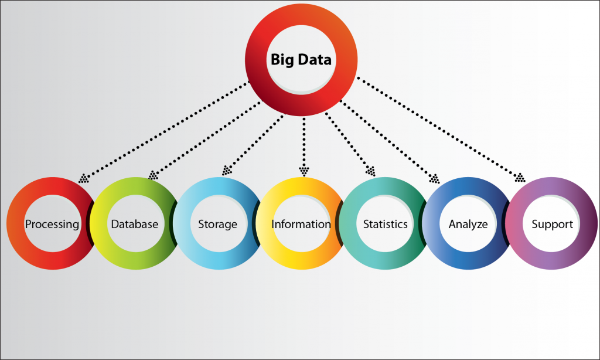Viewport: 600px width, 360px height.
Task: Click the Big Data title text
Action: tap(301, 60)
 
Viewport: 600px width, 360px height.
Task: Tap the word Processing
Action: tap(52, 225)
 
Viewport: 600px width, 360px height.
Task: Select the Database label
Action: tap(135, 224)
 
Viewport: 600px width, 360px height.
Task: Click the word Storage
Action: tap(218, 225)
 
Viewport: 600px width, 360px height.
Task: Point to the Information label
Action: tap(301, 224)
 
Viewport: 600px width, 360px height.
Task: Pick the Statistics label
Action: tap(386, 224)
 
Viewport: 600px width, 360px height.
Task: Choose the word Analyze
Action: tap(468, 225)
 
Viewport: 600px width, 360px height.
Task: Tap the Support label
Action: tap(552, 225)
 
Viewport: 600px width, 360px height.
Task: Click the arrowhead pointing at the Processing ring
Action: tap(83, 178)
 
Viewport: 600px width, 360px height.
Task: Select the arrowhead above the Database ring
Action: tap(153, 175)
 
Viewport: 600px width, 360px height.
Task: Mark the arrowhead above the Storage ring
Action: tap(227, 171)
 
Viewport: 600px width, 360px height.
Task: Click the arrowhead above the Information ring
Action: tap(304, 171)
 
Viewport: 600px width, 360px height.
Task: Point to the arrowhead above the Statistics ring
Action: tap(370, 171)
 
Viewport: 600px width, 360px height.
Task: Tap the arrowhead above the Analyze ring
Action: tap(434, 179)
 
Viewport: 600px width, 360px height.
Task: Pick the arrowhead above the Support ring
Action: tap(520, 178)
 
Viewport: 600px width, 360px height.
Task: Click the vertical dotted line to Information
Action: tap(304, 142)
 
